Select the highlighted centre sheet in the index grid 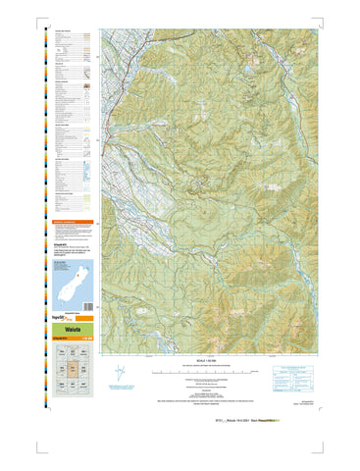72,370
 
